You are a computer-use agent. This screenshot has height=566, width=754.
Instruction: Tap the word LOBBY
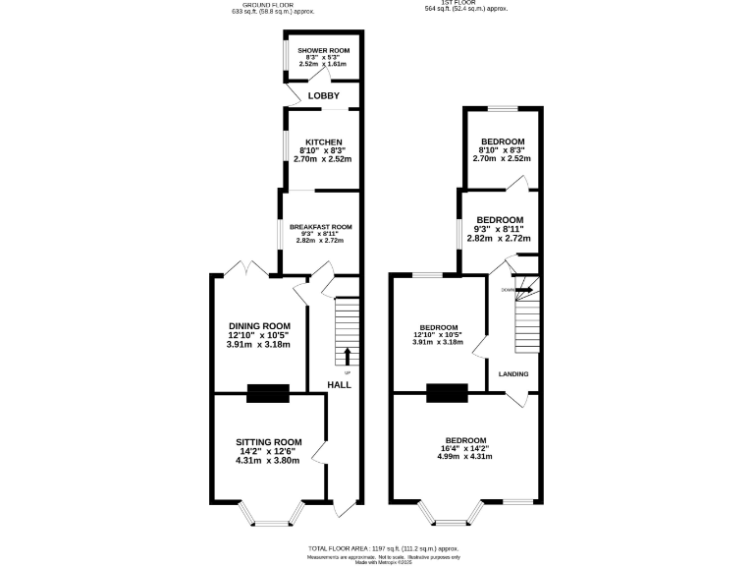[x=323, y=95]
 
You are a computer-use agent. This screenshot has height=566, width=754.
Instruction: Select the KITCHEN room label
[x=323, y=141]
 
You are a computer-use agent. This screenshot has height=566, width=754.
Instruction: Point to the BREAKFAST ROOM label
[x=320, y=226]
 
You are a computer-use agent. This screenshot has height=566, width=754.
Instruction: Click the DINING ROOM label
[x=259, y=326]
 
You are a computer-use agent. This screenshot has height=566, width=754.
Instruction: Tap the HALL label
[x=339, y=384]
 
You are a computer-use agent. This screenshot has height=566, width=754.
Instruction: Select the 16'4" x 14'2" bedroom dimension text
[x=465, y=449]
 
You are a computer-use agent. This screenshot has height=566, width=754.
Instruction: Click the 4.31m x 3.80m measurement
[x=268, y=460]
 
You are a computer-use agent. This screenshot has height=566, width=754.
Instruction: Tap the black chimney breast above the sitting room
[x=268, y=393]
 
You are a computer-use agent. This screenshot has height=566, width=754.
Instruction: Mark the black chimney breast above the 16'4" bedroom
[x=447, y=393]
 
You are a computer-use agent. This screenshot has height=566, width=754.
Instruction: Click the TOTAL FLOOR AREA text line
[x=383, y=548]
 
